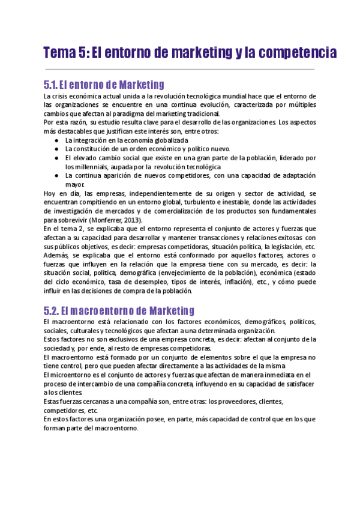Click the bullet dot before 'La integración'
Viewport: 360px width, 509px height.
(x=56, y=140)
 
